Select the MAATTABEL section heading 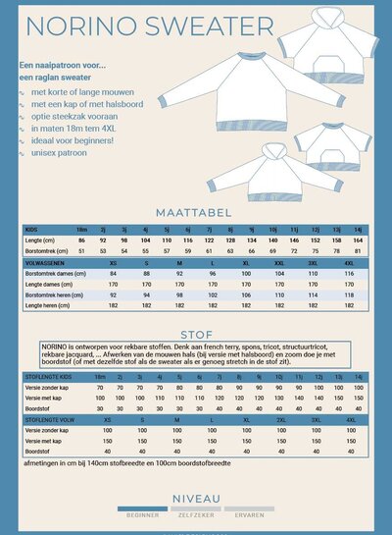(x=195, y=211)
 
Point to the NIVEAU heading (x=195, y=499)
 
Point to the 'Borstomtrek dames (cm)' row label (x=54, y=274)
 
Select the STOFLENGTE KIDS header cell (x=47, y=376)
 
